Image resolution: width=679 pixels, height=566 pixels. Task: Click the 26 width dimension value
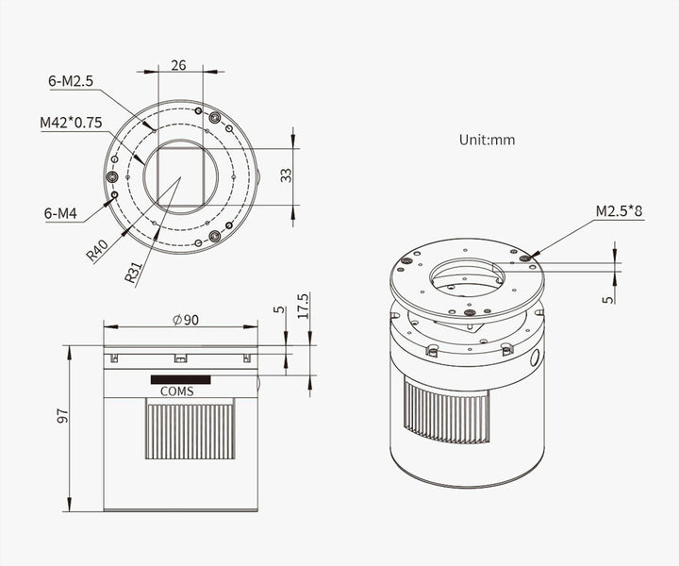click(x=178, y=65)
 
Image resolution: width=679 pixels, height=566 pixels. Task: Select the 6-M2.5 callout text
click(x=71, y=81)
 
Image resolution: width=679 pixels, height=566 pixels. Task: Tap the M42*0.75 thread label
click(x=71, y=123)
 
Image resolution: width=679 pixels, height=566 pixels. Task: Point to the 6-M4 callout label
click(x=60, y=213)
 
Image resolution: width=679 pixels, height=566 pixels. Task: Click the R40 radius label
click(x=97, y=251)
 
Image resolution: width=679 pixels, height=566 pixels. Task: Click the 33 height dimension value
click(x=287, y=175)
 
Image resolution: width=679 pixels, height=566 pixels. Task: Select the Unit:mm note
click(x=488, y=140)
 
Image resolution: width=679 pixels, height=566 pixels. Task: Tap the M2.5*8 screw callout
click(x=620, y=211)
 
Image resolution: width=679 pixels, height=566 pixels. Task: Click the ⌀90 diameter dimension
click(x=186, y=320)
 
